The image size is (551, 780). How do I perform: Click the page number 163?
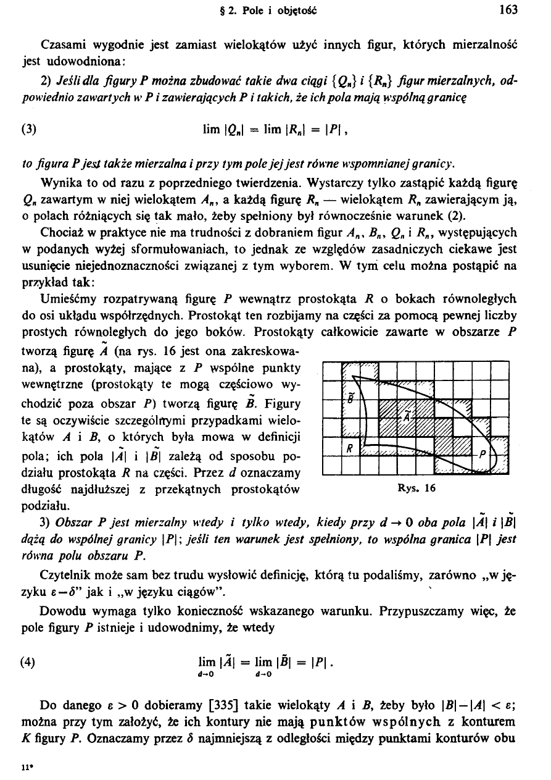tap(509, 10)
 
